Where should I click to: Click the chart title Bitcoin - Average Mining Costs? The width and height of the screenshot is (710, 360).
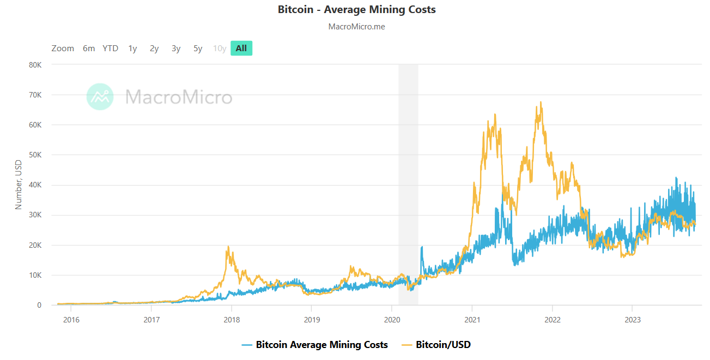click(356, 10)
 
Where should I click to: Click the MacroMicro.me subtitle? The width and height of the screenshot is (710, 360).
click(356, 27)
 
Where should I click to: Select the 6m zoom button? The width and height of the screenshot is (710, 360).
click(89, 48)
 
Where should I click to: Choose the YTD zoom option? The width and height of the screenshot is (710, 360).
click(110, 48)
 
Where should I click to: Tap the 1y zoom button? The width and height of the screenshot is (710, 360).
click(132, 48)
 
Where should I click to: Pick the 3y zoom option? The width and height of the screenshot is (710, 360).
click(176, 48)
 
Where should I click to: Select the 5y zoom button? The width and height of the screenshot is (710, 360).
click(198, 48)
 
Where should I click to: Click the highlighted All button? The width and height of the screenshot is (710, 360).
click(241, 48)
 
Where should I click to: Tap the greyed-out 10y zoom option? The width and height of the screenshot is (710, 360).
click(220, 48)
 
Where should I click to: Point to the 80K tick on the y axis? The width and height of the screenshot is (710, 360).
click(35, 65)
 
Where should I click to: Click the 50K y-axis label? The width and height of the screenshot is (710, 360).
click(35, 155)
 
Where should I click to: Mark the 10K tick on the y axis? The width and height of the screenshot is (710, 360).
click(35, 275)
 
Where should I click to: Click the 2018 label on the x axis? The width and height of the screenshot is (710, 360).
click(232, 319)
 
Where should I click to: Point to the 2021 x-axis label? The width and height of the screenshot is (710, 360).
click(472, 319)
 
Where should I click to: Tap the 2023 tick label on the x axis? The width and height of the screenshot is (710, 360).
click(632, 319)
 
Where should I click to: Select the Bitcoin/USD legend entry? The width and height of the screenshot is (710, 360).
click(443, 345)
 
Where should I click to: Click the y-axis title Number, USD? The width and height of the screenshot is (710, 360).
click(19, 185)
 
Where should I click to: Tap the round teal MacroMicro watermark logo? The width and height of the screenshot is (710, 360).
click(100, 97)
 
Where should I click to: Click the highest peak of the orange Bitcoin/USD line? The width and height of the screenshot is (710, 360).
click(540, 102)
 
